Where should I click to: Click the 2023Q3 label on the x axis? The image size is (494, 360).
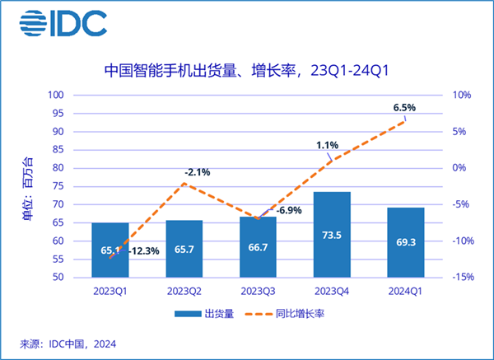(259, 291)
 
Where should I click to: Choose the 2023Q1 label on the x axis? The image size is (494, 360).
(110, 291)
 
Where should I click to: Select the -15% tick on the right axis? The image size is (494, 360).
(461, 278)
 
